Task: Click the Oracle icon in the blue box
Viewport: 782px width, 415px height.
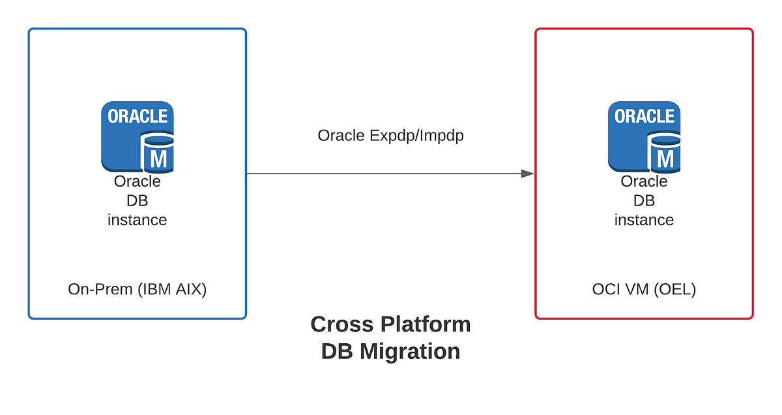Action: click(137, 136)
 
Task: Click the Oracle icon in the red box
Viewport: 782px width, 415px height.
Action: click(644, 136)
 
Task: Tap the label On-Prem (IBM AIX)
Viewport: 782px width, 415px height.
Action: click(137, 289)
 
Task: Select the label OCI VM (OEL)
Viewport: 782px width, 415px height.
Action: click(644, 289)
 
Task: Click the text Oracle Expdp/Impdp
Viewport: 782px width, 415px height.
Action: click(390, 136)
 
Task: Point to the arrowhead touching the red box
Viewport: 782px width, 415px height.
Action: click(527, 174)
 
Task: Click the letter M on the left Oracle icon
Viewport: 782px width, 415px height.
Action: click(158, 158)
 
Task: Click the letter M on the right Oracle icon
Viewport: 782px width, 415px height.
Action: click(665, 158)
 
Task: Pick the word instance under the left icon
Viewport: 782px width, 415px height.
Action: click(137, 220)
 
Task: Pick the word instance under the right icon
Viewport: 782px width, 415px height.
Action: click(644, 220)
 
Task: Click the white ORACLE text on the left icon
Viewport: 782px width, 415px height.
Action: click(138, 116)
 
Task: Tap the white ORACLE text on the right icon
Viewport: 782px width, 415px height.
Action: click(644, 116)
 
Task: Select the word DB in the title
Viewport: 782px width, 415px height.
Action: click(337, 351)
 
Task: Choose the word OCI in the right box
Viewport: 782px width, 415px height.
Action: click(605, 289)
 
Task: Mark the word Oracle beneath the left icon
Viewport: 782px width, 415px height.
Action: click(137, 181)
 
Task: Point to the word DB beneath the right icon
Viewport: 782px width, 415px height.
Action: click(644, 200)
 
